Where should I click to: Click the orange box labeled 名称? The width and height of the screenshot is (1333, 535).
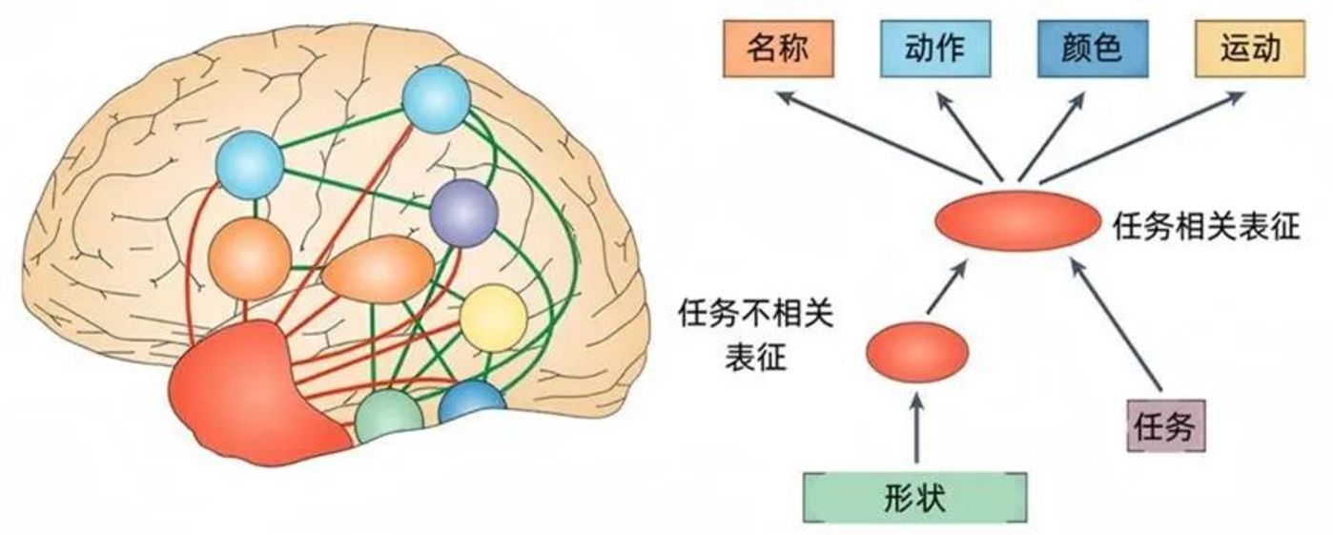pos(776,50)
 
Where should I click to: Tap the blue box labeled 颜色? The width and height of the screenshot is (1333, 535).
pos(1092,50)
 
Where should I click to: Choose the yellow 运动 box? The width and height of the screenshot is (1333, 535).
pos(1249,50)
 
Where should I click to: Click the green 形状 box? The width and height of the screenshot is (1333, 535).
pos(915,498)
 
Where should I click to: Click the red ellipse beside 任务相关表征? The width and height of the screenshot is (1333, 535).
pos(1017,220)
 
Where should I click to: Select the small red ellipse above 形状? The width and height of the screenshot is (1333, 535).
pos(916,352)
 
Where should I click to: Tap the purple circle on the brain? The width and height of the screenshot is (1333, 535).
pos(463,212)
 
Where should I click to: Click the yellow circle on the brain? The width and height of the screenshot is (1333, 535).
pos(493,317)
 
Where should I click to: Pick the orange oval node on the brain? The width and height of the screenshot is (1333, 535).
pos(377,270)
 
